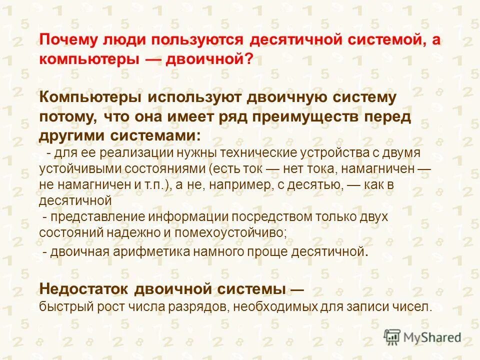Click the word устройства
(338, 152)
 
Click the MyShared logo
(422, 337)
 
